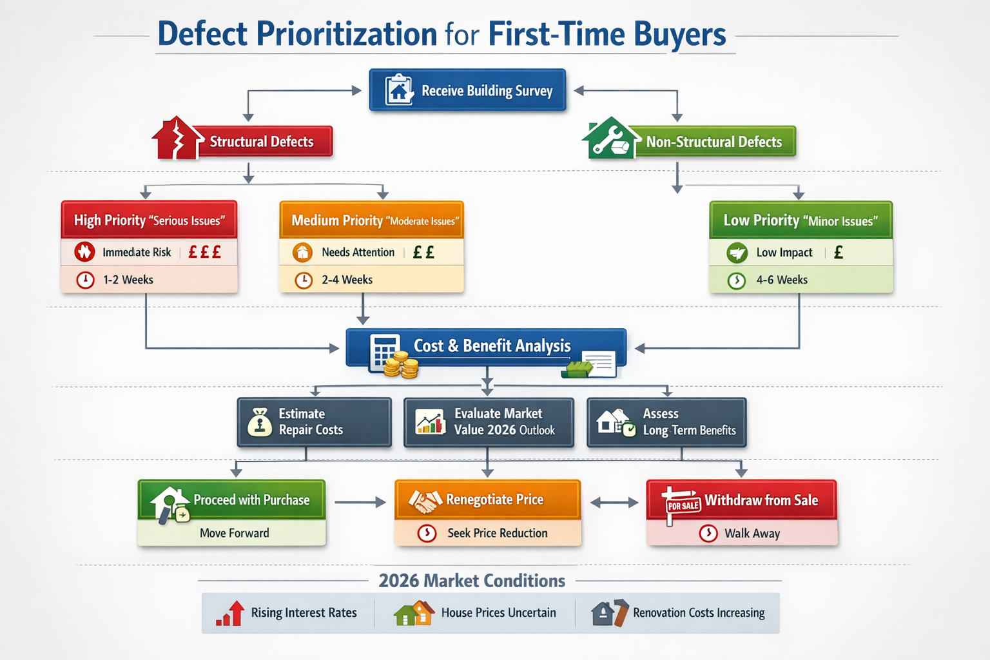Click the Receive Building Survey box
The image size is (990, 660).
(467, 90)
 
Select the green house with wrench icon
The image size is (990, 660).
(608, 139)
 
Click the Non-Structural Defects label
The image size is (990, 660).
(713, 142)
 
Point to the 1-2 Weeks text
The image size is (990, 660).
(128, 280)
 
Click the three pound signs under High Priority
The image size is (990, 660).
(204, 252)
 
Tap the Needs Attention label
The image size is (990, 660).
(358, 252)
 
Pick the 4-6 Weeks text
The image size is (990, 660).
(782, 280)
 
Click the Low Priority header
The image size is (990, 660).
(801, 220)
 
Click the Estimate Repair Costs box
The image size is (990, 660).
(315, 422)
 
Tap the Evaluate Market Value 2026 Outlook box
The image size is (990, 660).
(489, 422)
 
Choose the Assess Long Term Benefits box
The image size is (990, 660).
(666, 422)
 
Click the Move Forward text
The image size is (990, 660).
(235, 533)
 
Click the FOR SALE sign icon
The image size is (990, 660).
(683, 505)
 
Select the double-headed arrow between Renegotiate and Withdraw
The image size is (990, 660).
(614, 503)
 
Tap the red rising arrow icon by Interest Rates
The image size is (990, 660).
(231, 613)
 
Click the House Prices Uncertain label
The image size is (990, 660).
(498, 613)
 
